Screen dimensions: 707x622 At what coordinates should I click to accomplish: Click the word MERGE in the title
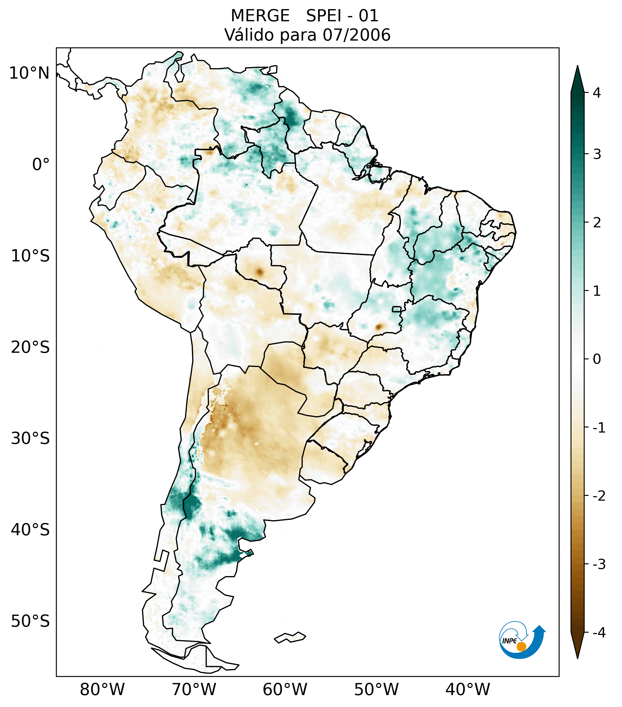(x=260, y=16)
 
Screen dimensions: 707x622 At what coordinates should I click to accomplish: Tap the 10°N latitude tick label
(x=29, y=73)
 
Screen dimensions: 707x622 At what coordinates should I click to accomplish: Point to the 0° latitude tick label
(x=41, y=165)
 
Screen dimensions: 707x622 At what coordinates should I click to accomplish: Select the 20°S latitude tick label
(x=30, y=347)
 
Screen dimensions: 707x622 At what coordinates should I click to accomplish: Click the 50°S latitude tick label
(x=30, y=622)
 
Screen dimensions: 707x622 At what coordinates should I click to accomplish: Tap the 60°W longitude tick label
(x=285, y=690)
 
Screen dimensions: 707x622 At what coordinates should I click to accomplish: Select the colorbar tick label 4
(x=597, y=93)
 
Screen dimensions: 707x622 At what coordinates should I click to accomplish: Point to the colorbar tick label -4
(x=599, y=633)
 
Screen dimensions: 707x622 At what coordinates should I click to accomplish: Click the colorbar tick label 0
(x=597, y=359)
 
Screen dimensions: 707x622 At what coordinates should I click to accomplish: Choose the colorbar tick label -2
(x=599, y=496)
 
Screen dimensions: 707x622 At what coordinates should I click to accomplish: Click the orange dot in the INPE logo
(x=521, y=647)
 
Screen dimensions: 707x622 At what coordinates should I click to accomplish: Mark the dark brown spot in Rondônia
(x=259, y=272)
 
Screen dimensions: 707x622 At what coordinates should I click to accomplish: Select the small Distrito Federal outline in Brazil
(x=396, y=309)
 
